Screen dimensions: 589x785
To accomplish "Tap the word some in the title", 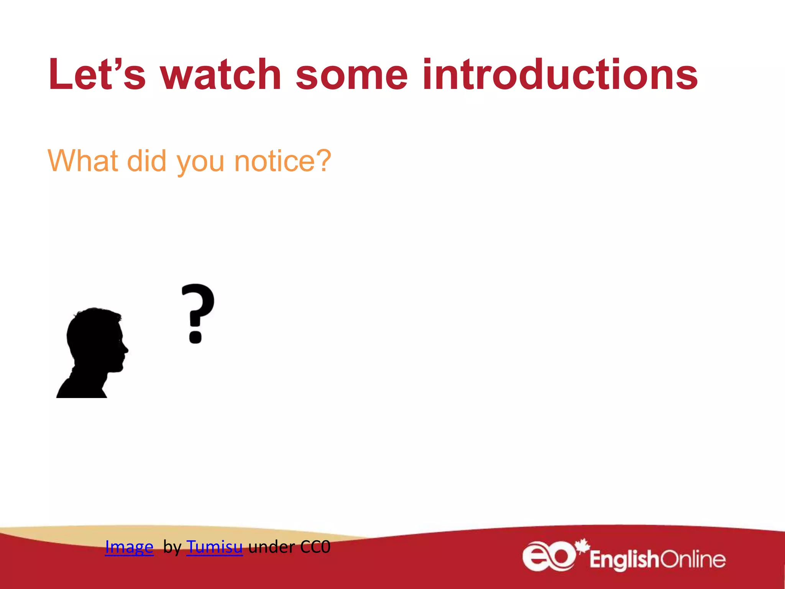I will point(351,75).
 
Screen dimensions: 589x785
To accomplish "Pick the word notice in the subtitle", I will point(274,161).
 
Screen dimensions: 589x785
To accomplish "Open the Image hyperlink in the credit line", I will point(129,546).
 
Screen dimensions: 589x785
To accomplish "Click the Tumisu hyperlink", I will point(214,546).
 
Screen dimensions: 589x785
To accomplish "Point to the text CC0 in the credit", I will point(315,546).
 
